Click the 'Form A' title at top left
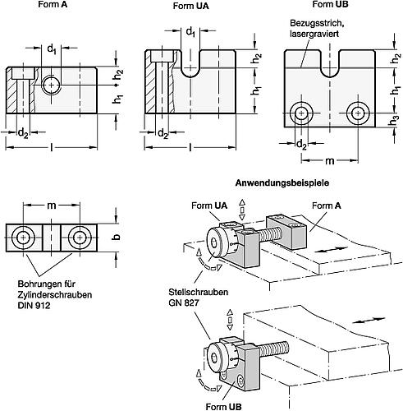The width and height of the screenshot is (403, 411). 52,4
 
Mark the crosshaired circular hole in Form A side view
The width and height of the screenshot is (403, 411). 53,84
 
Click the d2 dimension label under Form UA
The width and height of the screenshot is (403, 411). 164,133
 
